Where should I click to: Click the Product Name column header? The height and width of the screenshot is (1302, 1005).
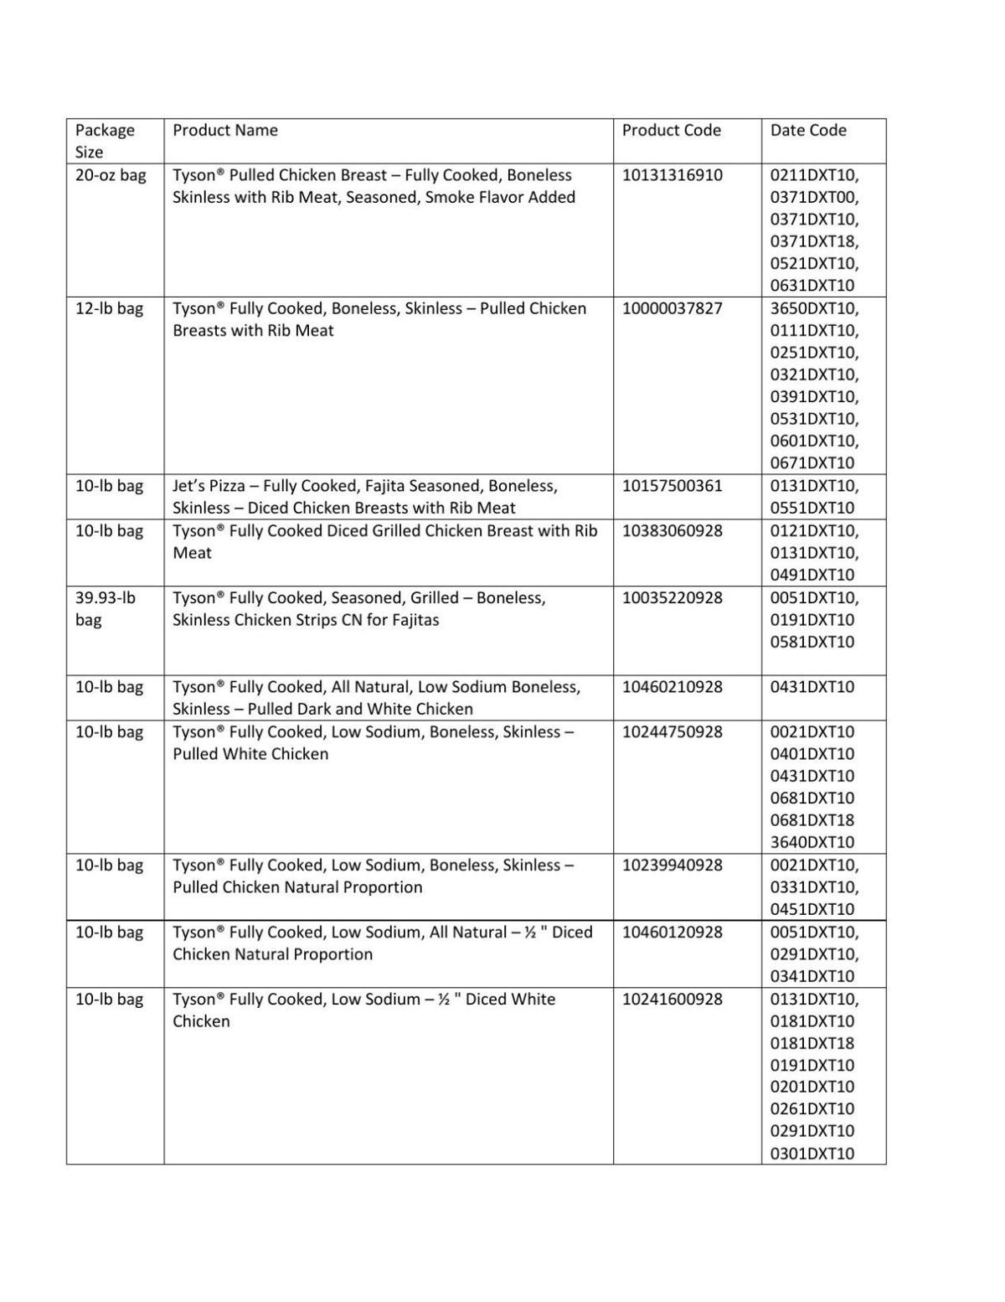pyautogui.click(x=224, y=130)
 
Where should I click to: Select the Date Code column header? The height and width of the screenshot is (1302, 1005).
pyautogui.click(x=807, y=130)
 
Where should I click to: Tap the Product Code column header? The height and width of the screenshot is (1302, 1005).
pyautogui.click(x=671, y=130)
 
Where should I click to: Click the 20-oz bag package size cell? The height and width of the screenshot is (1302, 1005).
pyautogui.click(x=111, y=175)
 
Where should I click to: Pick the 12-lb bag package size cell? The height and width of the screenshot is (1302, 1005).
pyautogui.click(x=109, y=308)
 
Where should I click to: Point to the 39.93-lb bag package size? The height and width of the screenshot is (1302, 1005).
pyautogui.click(x=105, y=608)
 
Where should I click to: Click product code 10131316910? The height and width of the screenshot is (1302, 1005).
pyautogui.click(x=672, y=175)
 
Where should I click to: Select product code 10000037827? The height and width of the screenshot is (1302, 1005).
pyautogui.click(x=672, y=308)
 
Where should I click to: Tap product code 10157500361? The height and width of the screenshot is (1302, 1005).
pyautogui.click(x=672, y=486)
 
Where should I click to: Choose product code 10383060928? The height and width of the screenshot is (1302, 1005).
pyautogui.click(x=672, y=530)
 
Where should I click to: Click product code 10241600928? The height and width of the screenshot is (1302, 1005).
pyautogui.click(x=672, y=999)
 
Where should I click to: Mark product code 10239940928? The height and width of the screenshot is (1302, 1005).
pyautogui.click(x=672, y=865)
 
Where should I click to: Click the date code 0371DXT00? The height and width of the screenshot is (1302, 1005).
pyautogui.click(x=813, y=197)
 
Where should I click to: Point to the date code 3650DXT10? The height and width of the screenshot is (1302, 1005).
pyautogui.click(x=813, y=308)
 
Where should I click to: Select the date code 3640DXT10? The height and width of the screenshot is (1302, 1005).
pyautogui.click(x=812, y=842)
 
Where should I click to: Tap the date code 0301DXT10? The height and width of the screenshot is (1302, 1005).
pyautogui.click(x=812, y=1154)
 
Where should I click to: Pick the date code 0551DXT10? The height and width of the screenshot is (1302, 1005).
pyautogui.click(x=812, y=508)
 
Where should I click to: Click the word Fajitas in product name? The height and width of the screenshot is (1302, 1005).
pyautogui.click(x=415, y=620)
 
